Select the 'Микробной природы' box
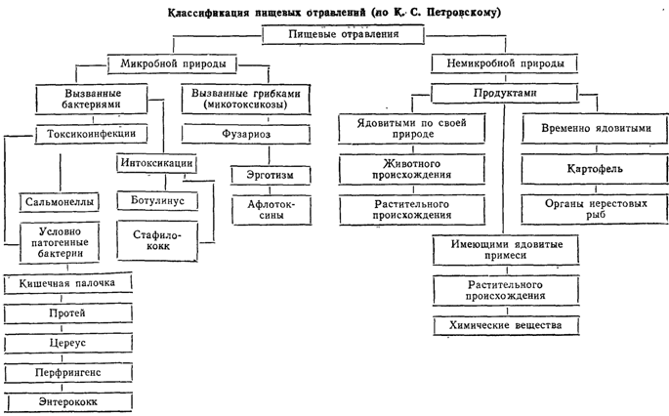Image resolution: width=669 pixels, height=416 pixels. click(x=172, y=64)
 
